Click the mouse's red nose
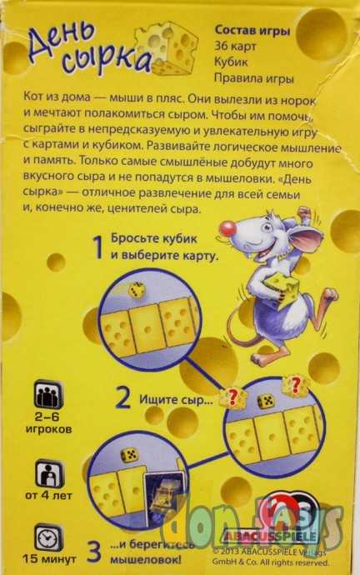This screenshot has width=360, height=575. [x=226, y=227]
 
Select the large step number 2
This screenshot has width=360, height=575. [x=122, y=397]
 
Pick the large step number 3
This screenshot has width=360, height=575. [x=94, y=551]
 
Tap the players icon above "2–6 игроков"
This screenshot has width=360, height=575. [x=48, y=394]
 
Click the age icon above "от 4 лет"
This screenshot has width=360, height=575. [x=48, y=475]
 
